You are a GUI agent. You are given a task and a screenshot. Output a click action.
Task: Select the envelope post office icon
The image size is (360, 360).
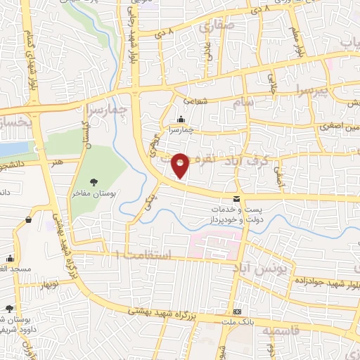(236, 199)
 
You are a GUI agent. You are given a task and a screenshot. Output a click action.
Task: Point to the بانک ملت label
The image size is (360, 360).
(237, 322)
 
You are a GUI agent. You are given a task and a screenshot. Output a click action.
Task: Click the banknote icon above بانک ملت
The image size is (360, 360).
(237, 311)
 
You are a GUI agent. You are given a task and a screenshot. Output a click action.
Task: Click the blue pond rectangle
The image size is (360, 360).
(14, 150)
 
